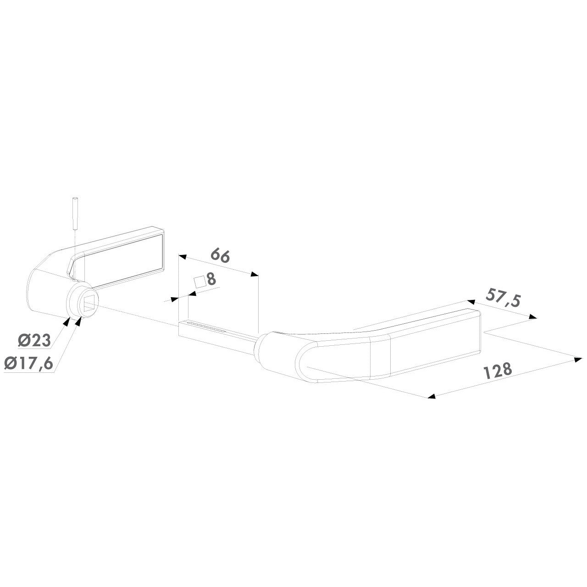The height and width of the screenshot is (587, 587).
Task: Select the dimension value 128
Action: (498, 371)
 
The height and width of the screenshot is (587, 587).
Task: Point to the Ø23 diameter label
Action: (34, 340)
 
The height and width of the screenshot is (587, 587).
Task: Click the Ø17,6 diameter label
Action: (28, 363)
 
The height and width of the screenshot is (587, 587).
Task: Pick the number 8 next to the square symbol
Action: (211, 279)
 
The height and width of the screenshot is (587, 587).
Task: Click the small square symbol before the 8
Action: (200, 282)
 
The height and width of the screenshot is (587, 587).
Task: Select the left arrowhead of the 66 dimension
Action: (183, 257)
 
